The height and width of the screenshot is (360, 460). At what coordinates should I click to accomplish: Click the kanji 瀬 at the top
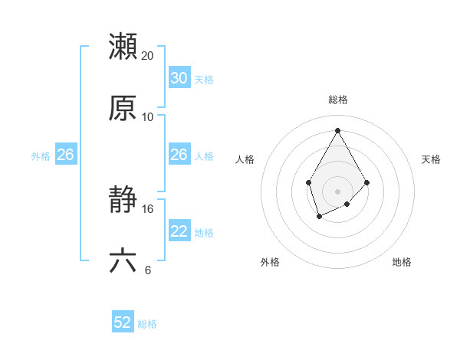(x=123, y=46)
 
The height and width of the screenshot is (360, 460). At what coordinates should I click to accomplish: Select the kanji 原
(x=123, y=108)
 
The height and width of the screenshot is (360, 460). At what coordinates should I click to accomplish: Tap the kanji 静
(x=123, y=200)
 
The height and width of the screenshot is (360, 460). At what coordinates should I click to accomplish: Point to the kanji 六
(x=123, y=261)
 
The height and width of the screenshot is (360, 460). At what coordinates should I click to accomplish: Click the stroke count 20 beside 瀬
(x=148, y=55)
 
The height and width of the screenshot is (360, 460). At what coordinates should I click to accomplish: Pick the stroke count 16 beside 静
(x=148, y=208)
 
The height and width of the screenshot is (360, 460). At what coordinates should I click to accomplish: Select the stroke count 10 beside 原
(x=148, y=116)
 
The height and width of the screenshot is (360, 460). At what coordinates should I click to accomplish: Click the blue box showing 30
(x=179, y=78)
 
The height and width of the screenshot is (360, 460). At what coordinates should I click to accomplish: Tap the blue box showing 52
(x=123, y=323)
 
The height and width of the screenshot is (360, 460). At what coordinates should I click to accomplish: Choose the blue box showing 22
(x=179, y=231)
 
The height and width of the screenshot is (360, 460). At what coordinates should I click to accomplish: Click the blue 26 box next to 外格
(x=65, y=155)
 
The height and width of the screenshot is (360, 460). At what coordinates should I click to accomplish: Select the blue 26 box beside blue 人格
(x=179, y=155)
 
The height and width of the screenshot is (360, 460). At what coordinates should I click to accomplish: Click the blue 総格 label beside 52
(x=147, y=324)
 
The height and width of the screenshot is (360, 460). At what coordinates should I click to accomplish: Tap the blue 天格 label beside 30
(x=204, y=79)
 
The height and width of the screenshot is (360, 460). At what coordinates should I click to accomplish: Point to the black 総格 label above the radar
(x=337, y=100)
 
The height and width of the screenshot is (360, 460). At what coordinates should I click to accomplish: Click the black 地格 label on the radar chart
(x=402, y=262)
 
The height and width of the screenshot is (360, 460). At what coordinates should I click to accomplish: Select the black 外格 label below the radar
(x=270, y=262)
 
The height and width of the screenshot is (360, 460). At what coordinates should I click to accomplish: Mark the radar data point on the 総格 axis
(x=337, y=129)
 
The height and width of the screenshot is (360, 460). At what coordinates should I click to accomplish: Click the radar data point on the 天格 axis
(x=367, y=182)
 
